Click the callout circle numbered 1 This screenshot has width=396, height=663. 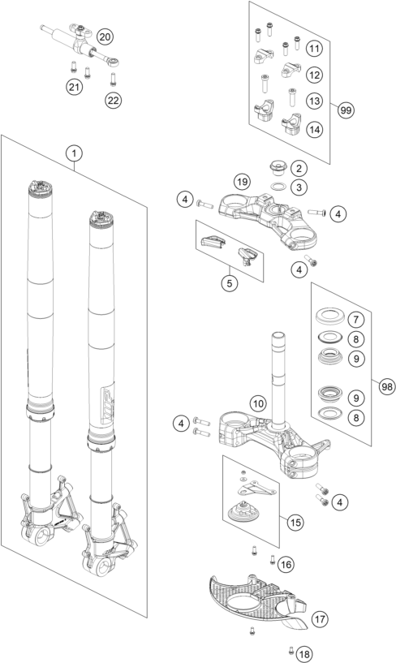click(x=74, y=153)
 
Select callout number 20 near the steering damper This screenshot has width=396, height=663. click(x=105, y=37)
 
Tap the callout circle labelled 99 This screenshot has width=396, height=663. click(x=346, y=110)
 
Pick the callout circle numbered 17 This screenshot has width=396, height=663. click(x=321, y=619)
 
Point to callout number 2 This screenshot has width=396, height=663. click(x=299, y=169)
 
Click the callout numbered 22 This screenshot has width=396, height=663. click(x=113, y=100)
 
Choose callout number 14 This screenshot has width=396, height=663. click(x=314, y=128)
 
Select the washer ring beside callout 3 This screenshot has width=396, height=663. click(x=276, y=188)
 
